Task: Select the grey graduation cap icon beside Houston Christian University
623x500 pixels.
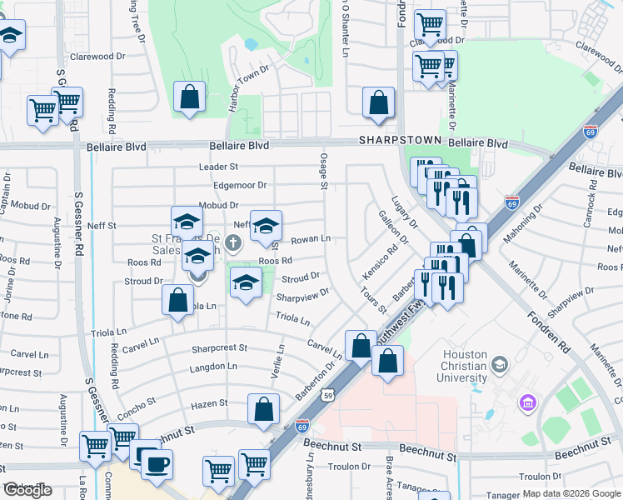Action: (499, 365)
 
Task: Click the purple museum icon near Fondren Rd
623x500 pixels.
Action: (526, 404)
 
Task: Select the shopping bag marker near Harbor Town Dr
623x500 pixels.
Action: (190, 97)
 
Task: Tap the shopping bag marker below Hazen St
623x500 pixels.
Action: (263, 410)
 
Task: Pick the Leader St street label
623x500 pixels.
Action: (218, 167)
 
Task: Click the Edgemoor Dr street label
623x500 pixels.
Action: (239, 185)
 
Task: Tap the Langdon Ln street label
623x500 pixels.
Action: (208, 367)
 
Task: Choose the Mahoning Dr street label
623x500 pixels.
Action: (525, 221)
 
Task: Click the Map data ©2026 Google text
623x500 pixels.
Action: (571, 493)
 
